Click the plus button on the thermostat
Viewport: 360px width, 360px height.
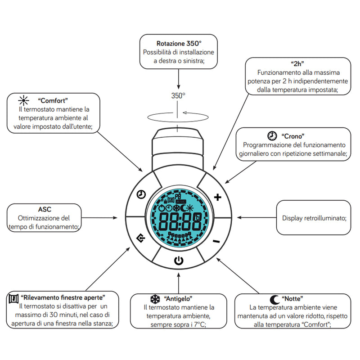(x=218, y=197)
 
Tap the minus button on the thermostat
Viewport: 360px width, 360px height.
(x=216, y=241)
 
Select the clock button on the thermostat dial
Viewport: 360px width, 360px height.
(x=141, y=194)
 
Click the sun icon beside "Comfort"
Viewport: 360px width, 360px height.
(x=23, y=100)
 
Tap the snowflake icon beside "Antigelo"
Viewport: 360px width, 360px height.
(x=155, y=299)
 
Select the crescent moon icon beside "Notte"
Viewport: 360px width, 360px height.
(x=274, y=299)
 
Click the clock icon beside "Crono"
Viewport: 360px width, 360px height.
(x=272, y=135)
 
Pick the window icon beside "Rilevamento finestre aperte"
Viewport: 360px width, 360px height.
(x=13, y=298)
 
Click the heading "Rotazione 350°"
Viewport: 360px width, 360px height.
(x=179, y=44)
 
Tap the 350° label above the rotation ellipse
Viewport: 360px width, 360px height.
(x=178, y=95)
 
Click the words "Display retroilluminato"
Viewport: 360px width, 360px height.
(x=314, y=218)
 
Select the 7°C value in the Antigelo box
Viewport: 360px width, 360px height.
(x=198, y=324)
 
